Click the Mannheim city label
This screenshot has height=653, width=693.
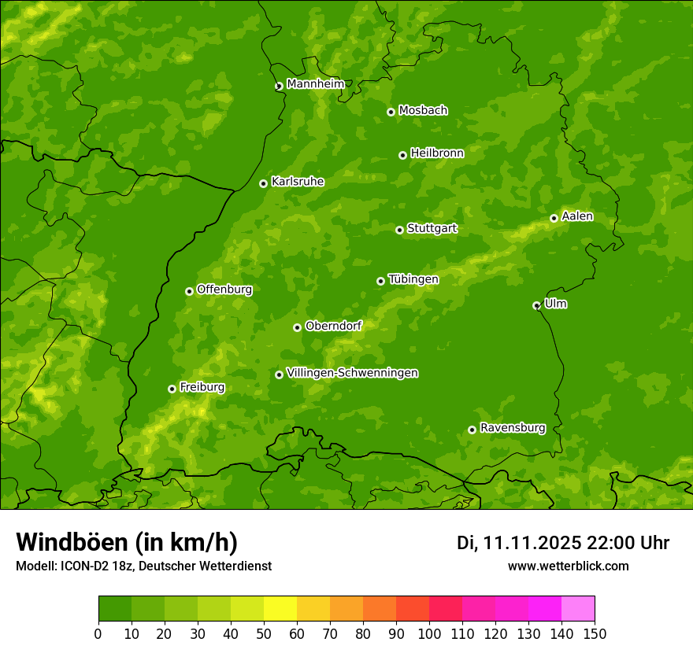pyautogui.click(x=315, y=84)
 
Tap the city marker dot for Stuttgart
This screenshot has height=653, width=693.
pyautogui.click(x=399, y=230)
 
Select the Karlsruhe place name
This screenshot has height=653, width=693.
pyautogui.click(x=297, y=182)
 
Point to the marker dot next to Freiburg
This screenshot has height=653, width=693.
pyautogui.click(x=172, y=389)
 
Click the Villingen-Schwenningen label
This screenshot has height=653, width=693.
pyautogui.click(x=352, y=373)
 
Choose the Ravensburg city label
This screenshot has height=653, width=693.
pyautogui.click(x=512, y=428)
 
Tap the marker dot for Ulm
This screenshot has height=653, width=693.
pyautogui.click(x=536, y=305)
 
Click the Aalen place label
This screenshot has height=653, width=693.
pyautogui.click(x=576, y=216)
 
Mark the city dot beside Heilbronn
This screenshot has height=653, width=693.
pyautogui.click(x=402, y=155)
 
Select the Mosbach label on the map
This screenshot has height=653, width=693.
pyautogui.click(x=423, y=111)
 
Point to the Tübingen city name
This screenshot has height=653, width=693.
pyautogui.click(x=413, y=279)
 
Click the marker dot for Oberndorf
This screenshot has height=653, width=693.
pyautogui.click(x=297, y=327)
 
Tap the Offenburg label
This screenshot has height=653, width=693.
pyautogui.click(x=224, y=290)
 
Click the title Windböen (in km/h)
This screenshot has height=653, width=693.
pyautogui.click(x=127, y=542)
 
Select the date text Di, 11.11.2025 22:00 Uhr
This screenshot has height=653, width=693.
pyautogui.click(x=563, y=543)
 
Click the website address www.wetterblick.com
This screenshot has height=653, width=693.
pyautogui.click(x=568, y=566)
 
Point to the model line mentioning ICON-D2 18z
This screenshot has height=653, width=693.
pyautogui.click(x=143, y=566)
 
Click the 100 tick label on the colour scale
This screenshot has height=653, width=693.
pyautogui.click(x=429, y=634)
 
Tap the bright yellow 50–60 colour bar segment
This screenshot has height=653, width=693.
pyautogui.click(x=280, y=609)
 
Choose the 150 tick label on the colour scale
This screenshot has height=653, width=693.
pyautogui.click(x=595, y=634)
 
